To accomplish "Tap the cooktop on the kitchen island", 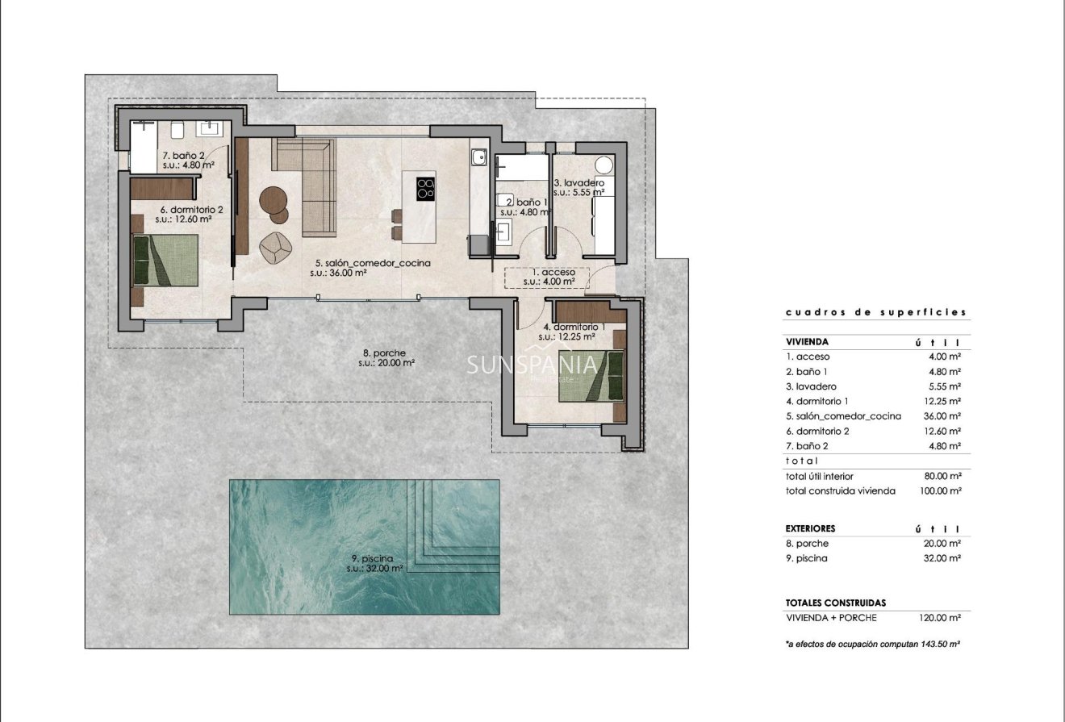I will pos(425,189).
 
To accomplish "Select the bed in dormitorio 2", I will pos(165,259).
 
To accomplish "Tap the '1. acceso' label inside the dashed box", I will pos(549,273).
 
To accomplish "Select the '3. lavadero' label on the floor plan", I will pos(578,183).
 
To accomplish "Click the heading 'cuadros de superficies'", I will pos(875,312).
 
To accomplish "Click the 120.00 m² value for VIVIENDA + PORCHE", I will pos(941,618).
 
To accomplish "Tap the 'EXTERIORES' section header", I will pos(810,528).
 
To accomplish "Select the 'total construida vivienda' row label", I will pos(840,490).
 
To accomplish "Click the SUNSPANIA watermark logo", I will pos(532,365).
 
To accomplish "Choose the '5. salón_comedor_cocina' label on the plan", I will pos(372,263).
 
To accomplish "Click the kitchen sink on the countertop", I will pos(478,157).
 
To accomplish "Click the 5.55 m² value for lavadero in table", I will pos(944,386).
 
